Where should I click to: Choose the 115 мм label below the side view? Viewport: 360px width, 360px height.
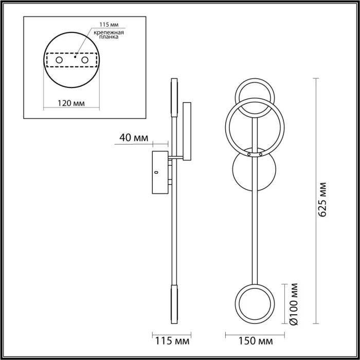pos(172,341)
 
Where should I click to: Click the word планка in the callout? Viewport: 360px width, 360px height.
pos(106,38)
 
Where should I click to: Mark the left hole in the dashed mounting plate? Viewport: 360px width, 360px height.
pos(60,61)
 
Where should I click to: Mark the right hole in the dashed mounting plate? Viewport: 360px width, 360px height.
pos(93,61)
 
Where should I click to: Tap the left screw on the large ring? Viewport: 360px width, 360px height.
pos(248,154)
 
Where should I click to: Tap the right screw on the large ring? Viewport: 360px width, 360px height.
pos(261,154)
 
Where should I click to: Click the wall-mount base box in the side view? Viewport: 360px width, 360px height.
pos(160,173)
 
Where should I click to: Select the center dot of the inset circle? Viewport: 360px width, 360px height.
pos(76,58)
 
